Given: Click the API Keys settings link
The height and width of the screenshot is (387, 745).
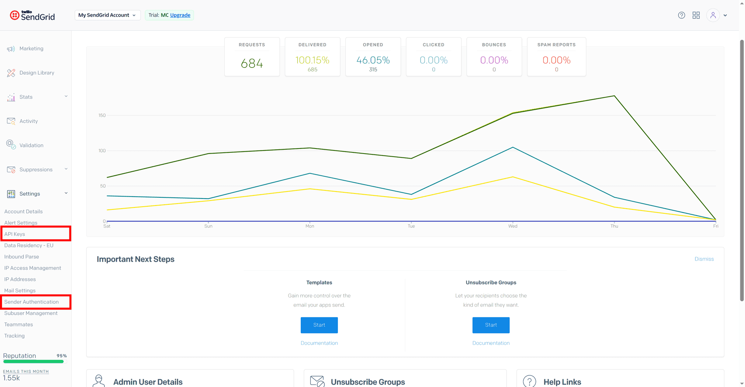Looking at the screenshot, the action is tap(15, 234).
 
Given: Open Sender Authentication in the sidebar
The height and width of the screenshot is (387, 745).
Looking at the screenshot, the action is tap(31, 302).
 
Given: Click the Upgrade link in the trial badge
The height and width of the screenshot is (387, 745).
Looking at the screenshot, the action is tap(180, 15).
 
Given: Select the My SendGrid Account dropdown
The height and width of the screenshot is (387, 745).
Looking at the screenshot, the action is tap(107, 15).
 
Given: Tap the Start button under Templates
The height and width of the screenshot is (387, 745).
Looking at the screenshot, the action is tap(319, 325).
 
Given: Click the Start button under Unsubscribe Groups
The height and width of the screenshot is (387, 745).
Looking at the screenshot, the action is tap(491, 325).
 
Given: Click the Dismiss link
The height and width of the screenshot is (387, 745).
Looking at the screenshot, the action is tap(704, 259).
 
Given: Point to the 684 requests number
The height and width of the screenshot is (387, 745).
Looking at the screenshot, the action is tap(252, 63).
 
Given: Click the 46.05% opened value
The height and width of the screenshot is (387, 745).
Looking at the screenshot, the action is tap(373, 60).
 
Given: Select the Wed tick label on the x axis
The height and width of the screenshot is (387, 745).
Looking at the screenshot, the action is tap(513, 226).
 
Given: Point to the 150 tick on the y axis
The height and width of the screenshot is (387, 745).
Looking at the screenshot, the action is tap(102, 116).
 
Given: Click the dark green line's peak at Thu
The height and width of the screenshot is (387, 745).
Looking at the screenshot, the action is tap(614, 96).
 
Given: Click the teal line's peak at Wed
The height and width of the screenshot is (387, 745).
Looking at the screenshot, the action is tap(513, 147).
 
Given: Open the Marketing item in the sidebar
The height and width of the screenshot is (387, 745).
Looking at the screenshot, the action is tap(31, 48).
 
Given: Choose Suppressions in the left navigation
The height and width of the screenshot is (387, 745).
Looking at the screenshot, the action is tap(36, 169).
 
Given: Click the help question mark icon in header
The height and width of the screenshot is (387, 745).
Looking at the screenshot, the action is tap(681, 15).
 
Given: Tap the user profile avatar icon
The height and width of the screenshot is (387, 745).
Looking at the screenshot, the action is tap(713, 15).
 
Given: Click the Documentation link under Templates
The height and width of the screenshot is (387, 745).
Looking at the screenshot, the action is tap(319, 343).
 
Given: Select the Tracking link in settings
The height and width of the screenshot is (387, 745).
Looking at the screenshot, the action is tap(14, 336).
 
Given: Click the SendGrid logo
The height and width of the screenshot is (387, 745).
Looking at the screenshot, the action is tap(33, 15).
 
